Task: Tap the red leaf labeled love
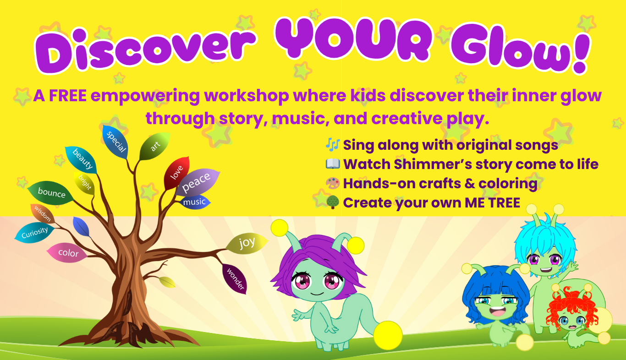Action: click(177, 173)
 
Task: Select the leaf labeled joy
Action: click(247, 243)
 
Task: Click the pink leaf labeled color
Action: click(67, 253)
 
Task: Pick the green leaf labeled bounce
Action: click(51, 193)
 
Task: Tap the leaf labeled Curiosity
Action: click(34, 232)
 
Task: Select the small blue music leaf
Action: click(195, 202)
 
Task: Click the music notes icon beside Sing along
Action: click(333, 145)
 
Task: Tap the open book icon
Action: click(333, 164)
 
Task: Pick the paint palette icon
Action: click(333, 183)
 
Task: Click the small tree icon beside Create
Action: click(333, 202)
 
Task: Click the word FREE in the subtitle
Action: click(68, 96)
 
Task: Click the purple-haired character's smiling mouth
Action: click(317, 294)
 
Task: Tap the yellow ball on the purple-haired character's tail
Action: click(388, 335)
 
